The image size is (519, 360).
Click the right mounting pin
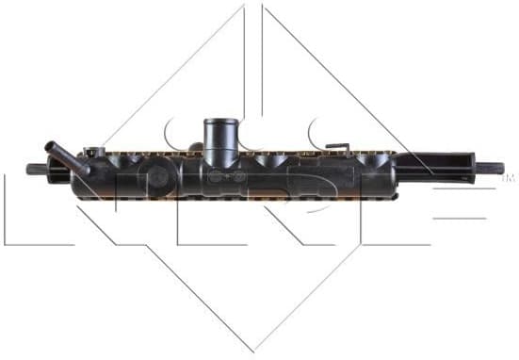489,170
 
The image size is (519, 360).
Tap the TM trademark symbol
510,176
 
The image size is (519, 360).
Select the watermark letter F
443,212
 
